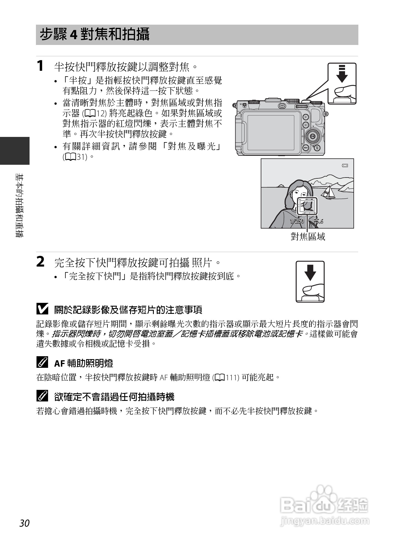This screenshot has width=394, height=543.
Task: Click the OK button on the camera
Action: coord(313,136)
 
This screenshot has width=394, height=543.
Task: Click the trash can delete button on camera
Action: coord(317,148)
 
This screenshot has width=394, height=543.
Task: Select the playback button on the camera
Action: coord(306,125)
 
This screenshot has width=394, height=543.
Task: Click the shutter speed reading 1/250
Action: coord(297,221)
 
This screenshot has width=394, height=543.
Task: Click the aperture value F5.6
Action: coord(318,221)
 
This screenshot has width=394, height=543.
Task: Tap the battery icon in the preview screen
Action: coord(345,165)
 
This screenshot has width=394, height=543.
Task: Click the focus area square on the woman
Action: coord(307,206)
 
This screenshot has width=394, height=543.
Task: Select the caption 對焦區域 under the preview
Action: coord(308,237)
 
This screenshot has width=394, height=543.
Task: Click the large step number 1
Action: coord(41,66)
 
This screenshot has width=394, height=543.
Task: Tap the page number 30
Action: coord(25,523)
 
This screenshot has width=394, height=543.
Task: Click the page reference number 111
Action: coord(232,378)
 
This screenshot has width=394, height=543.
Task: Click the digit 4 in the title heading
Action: coord(74,35)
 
